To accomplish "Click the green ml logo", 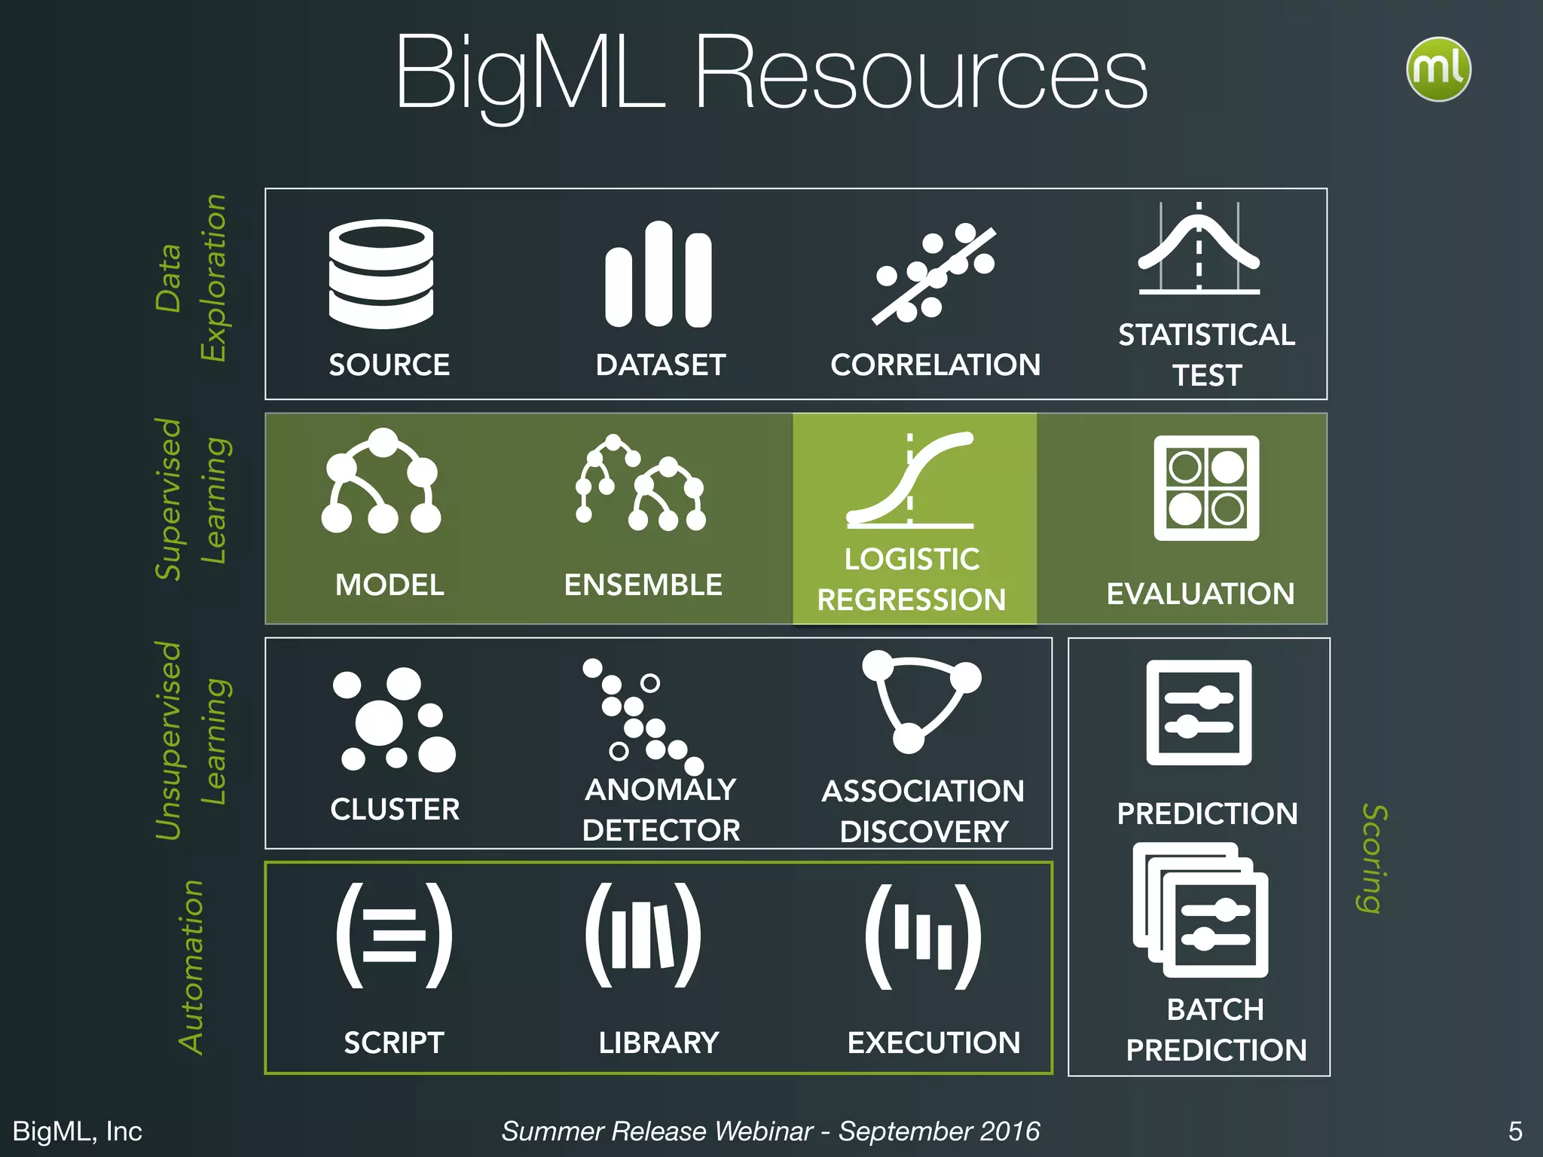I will [x=1438, y=69].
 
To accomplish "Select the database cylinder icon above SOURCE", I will [x=381, y=274].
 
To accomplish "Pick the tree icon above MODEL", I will [x=381, y=482].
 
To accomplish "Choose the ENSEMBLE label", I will [x=643, y=585].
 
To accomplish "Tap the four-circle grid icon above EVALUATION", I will [x=1206, y=488].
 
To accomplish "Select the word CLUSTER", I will [x=395, y=810].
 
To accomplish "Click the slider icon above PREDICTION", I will [x=1199, y=713].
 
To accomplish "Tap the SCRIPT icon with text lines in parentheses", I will [x=394, y=936].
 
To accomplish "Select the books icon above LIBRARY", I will [x=643, y=936].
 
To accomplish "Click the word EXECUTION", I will [x=933, y=1043].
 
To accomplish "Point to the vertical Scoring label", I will [x=1373, y=859].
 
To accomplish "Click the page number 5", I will [x=1515, y=1131].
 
